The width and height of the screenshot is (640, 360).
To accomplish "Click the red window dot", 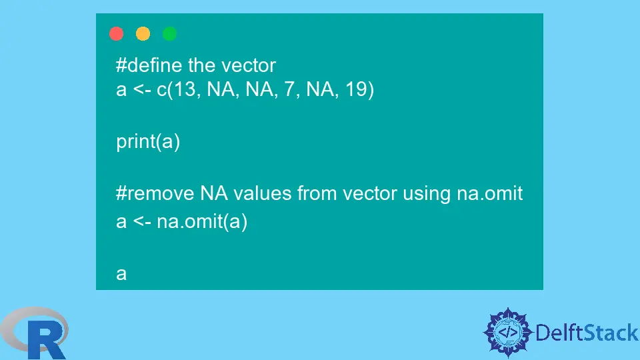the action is (x=116, y=33).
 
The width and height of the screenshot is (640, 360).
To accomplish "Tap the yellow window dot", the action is (x=143, y=33).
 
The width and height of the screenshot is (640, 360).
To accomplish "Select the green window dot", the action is (x=169, y=33).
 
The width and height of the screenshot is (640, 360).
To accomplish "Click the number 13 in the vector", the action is (x=184, y=89).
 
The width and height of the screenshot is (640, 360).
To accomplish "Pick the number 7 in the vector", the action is (x=289, y=89).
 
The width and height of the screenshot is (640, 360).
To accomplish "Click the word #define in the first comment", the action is (x=149, y=65).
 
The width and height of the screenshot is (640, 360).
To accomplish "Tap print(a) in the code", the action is (x=148, y=142).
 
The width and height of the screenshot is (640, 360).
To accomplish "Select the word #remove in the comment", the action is (x=155, y=193).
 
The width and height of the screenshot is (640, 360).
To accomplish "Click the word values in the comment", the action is (x=263, y=193).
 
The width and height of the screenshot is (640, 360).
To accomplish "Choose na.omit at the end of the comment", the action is (x=490, y=193).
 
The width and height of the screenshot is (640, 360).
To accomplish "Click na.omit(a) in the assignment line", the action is (x=202, y=221).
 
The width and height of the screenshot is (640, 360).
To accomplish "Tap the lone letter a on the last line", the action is (x=121, y=274).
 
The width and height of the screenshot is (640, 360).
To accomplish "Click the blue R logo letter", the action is (x=47, y=339).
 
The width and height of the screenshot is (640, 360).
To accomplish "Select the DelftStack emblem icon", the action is (x=508, y=333).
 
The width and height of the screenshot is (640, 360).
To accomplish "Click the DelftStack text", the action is (x=587, y=333).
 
